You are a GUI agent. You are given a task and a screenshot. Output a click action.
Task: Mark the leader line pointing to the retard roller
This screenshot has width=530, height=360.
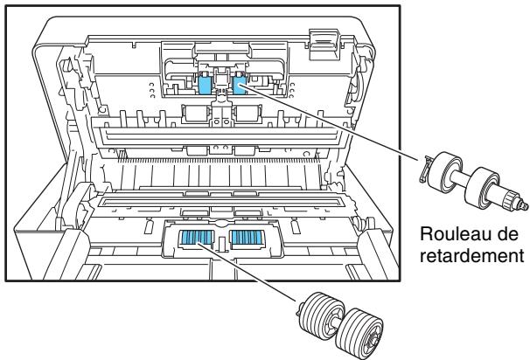pos(332,122)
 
